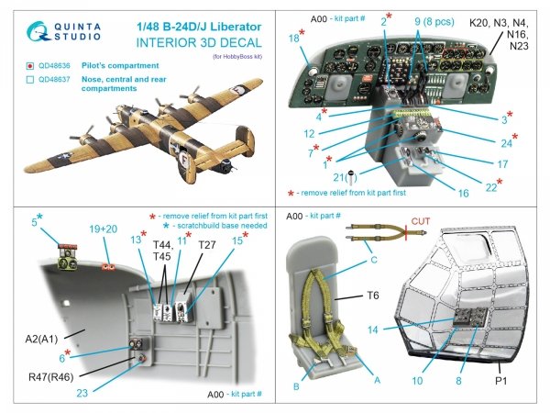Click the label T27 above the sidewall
pos(208,246)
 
